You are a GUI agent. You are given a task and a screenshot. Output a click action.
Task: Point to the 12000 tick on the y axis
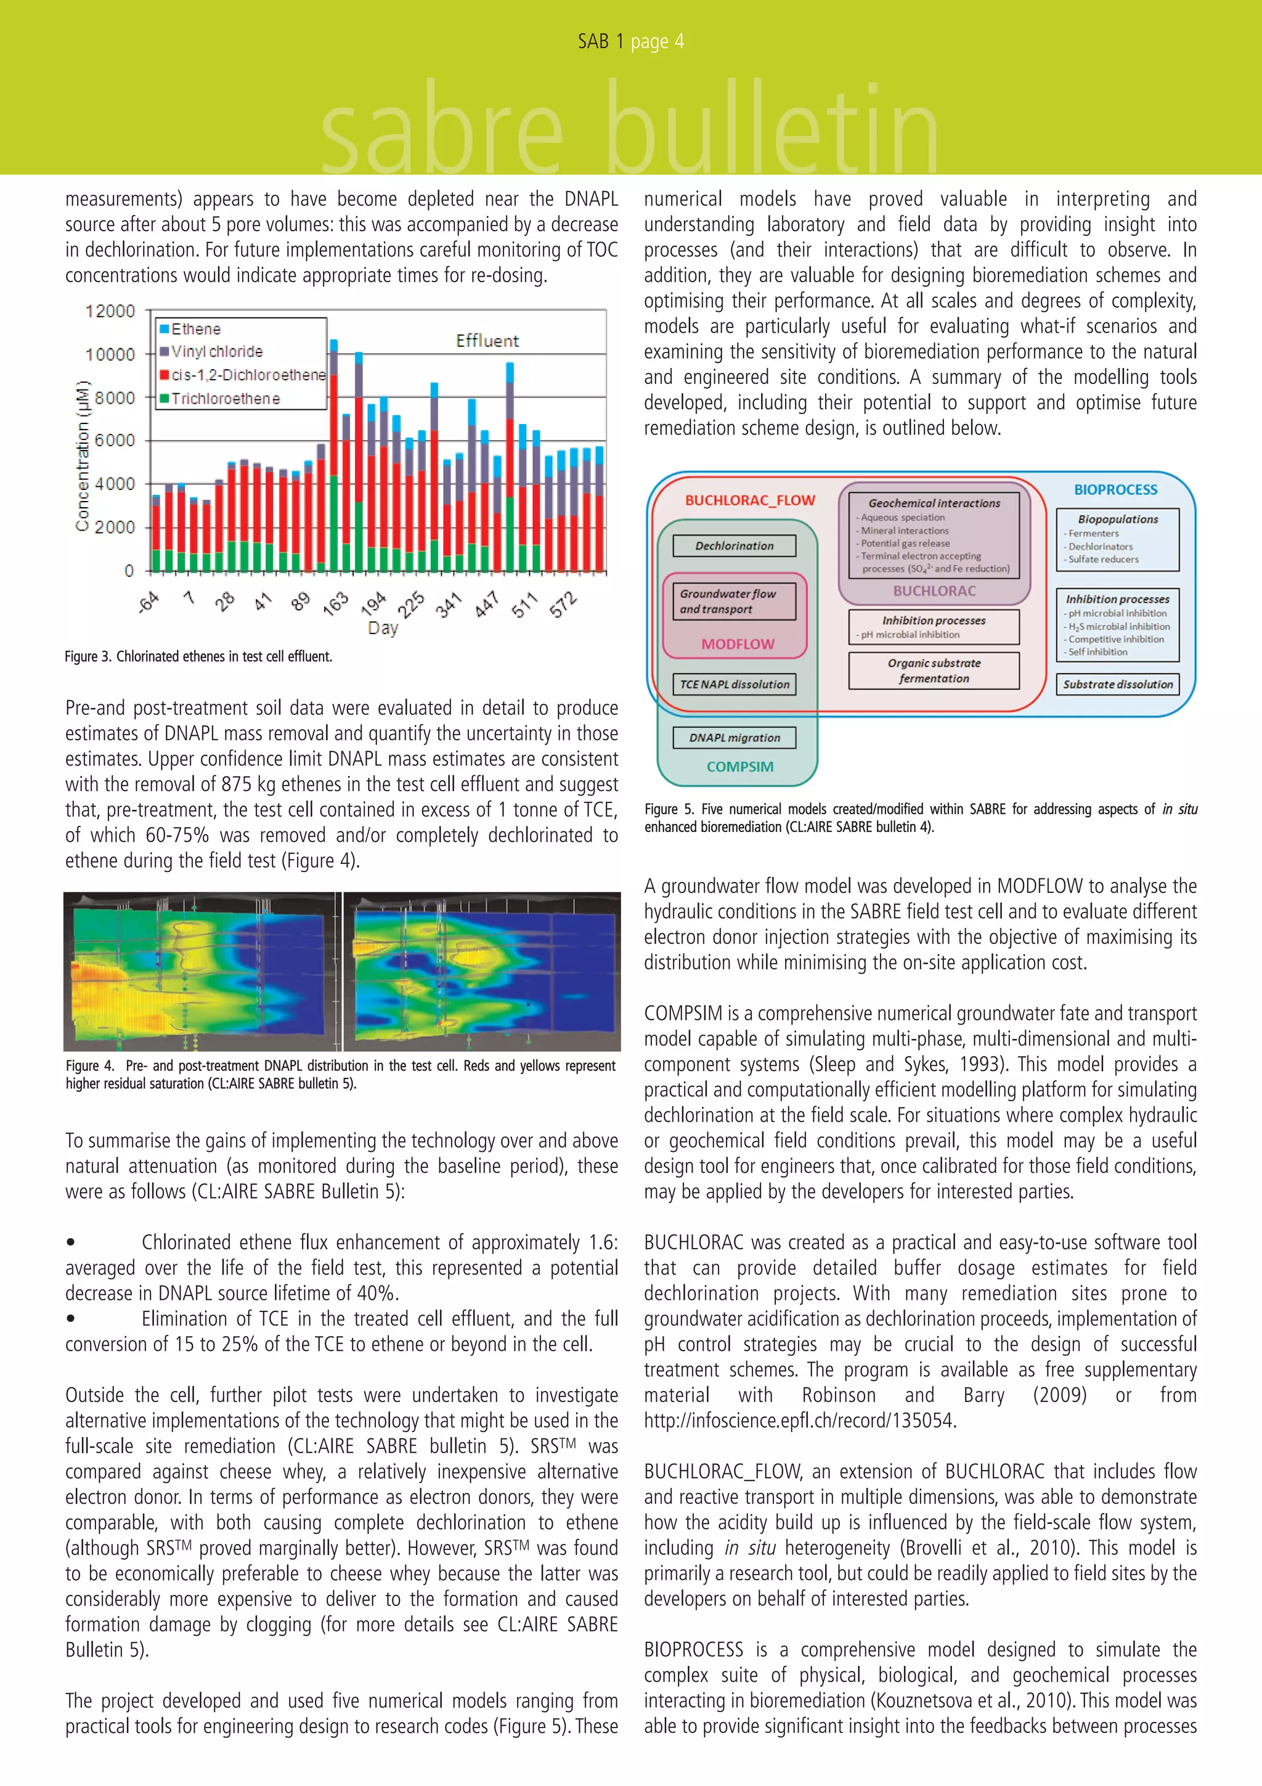click(x=110, y=311)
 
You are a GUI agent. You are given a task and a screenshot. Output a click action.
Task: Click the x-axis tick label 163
click(x=336, y=603)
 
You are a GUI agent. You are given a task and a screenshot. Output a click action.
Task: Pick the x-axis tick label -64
click(x=149, y=601)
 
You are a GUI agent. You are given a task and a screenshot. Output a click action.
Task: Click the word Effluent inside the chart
click(x=487, y=341)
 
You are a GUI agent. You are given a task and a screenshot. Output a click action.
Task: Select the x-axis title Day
click(x=383, y=628)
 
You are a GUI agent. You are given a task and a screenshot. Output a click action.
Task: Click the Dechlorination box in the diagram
click(x=734, y=546)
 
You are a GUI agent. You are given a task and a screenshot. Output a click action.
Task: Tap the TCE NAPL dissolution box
click(x=734, y=685)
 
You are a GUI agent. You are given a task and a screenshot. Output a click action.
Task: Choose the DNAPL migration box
click(x=734, y=738)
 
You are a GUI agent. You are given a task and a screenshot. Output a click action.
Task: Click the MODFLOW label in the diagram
click(x=737, y=644)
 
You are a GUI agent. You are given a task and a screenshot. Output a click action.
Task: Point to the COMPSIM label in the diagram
click(x=739, y=767)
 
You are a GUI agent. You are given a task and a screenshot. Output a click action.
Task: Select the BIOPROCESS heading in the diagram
click(x=1115, y=490)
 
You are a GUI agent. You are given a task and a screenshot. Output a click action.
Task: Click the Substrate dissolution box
click(x=1117, y=685)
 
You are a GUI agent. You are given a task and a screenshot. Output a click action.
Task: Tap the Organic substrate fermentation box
click(x=933, y=671)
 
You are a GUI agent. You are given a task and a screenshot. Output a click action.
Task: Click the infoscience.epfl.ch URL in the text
click(x=799, y=1421)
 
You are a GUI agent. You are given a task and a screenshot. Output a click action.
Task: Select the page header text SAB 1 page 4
click(x=630, y=41)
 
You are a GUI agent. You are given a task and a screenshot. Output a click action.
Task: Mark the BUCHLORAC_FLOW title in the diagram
click(x=749, y=500)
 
